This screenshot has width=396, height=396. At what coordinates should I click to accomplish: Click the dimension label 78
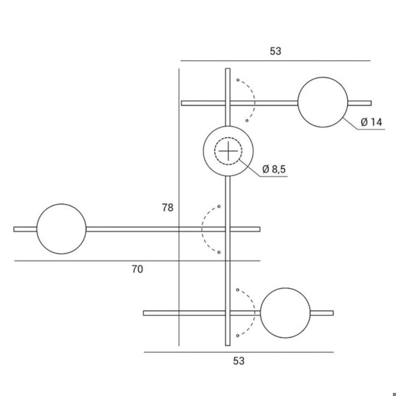(168, 208)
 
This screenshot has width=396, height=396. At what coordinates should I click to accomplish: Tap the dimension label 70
(137, 269)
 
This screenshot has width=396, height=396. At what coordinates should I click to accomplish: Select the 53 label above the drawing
(275, 51)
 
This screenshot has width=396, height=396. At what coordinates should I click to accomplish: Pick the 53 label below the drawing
(239, 361)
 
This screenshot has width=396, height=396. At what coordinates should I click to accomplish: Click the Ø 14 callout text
(371, 122)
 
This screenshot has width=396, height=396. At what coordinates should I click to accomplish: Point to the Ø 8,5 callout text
(274, 169)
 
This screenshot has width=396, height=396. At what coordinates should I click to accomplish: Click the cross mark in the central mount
(228, 151)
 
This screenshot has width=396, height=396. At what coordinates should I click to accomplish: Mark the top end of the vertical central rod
(228, 69)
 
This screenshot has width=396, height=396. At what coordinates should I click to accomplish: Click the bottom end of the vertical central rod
(228, 345)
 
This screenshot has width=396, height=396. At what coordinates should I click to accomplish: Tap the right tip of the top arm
(371, 103)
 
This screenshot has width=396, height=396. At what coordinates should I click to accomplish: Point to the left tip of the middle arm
(14, 229)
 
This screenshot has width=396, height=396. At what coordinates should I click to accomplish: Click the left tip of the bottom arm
(143, 313)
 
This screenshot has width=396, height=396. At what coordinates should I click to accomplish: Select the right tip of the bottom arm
(333, 313)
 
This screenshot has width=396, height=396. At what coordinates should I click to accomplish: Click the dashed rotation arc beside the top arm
(254, 101)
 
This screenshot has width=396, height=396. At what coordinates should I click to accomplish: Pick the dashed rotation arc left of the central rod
(202, 229)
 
